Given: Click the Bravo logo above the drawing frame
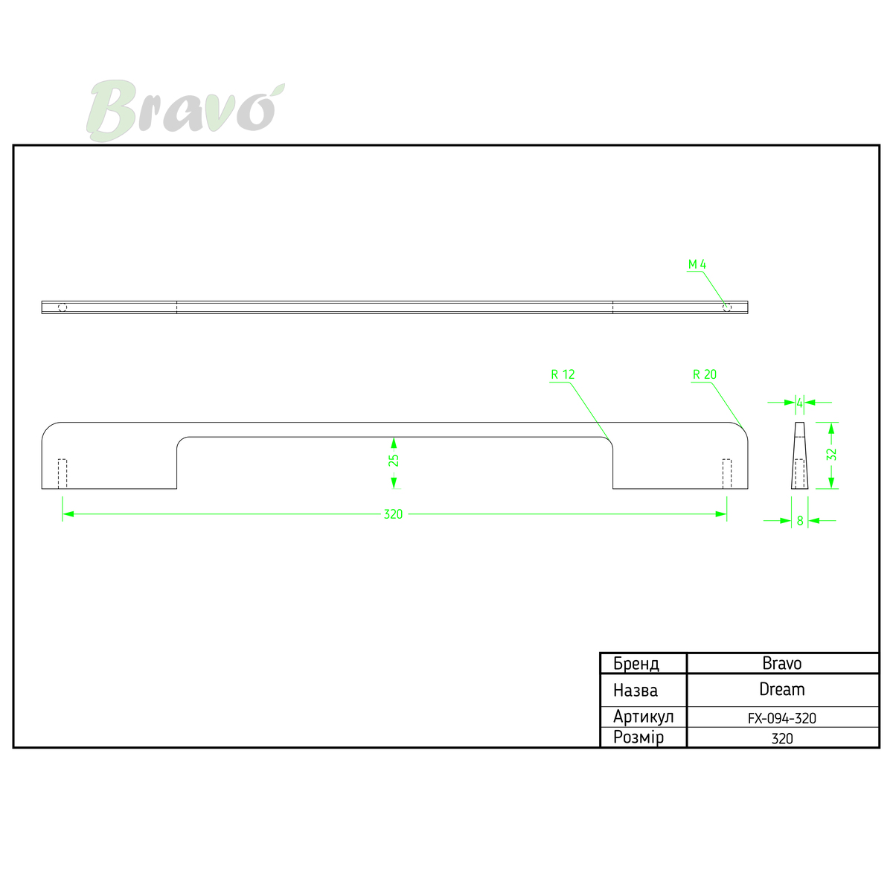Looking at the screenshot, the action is click(185, 110).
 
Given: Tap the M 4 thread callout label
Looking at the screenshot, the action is click(697, 264).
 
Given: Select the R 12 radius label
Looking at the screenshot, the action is click(563, 374).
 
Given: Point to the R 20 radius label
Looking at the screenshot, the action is click(705, 374).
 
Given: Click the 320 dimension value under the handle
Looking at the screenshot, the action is click(393, 514).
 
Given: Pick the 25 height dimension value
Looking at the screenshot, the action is click(394, 460).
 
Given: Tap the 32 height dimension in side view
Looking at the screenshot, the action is click(831, 455).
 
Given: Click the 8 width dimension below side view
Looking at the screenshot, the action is click(800, 521).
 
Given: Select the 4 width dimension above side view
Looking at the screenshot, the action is click(799, 403).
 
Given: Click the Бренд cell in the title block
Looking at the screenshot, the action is click(636, 664).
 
